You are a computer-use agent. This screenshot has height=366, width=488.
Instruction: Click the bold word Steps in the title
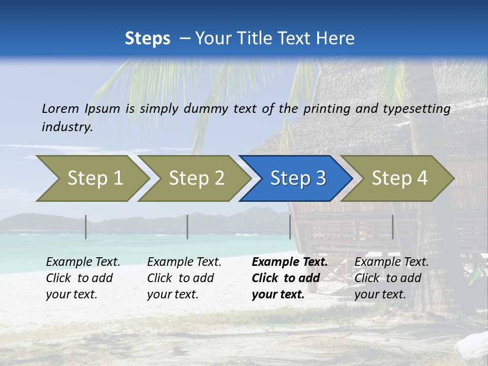coord(147,39)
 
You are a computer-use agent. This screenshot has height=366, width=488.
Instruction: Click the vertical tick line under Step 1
coord(86,227)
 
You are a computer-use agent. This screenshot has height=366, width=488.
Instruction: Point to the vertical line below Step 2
coord(188,227)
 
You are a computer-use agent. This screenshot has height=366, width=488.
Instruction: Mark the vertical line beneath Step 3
coord(290,227)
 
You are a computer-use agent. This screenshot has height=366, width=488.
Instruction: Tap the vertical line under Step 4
coord(393,227)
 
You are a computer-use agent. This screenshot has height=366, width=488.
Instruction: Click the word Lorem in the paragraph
coord(60,108)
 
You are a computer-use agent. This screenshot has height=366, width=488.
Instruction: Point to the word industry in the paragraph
coord(67,127)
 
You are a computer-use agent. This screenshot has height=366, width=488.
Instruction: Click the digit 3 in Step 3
coord(320,178)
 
